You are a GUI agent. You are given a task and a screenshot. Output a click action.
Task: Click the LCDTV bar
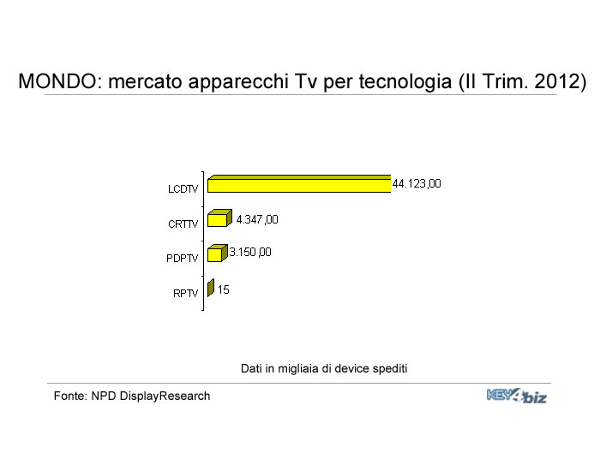299,184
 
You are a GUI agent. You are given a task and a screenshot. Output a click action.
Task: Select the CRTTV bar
219,218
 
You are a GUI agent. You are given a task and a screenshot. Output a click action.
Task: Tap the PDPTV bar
218,253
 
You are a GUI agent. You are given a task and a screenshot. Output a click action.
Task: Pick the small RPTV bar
211,288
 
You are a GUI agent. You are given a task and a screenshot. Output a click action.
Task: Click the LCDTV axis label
183,189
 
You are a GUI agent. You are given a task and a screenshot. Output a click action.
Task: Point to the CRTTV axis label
183,224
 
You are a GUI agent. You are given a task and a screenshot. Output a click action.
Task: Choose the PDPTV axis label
182,259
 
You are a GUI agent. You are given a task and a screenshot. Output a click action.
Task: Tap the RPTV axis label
186,293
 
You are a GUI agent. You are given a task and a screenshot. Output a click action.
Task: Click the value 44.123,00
417,184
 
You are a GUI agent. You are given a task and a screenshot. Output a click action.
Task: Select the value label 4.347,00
257,219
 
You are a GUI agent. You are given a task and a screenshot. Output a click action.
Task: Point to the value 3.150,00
250,253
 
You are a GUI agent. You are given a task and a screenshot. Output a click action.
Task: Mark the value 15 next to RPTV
224,289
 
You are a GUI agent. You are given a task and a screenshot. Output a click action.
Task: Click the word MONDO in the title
57,81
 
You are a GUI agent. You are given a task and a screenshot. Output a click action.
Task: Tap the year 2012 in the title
557,81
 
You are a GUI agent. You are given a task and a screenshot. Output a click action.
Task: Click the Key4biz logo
517,396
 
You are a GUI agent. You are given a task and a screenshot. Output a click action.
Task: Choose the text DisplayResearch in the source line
165,396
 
